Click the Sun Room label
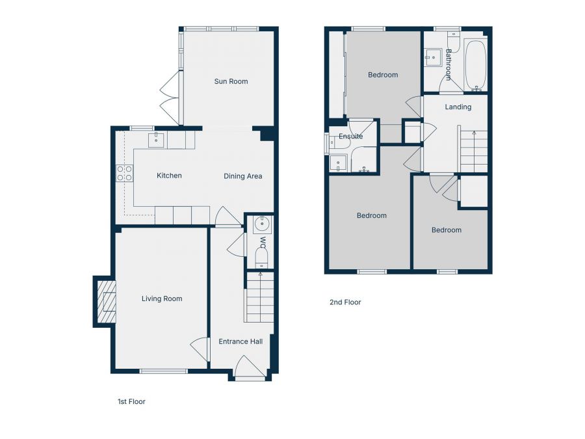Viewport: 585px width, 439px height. point(231,81)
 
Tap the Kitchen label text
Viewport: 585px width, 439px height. point(169,176)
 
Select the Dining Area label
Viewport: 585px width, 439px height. point(243,176)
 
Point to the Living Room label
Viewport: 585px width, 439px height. point(162,299)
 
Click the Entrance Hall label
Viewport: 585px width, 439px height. point(240,341)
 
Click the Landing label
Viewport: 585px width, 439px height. point(458,107)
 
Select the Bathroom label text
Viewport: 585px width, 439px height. point(448,64)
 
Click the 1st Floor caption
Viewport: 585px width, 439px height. point(127,402)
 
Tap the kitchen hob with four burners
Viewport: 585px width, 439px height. point(124,173)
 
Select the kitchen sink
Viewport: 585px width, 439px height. point(156,140)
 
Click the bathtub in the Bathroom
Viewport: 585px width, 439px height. point(475,64)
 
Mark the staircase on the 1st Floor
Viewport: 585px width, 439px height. point(259,297)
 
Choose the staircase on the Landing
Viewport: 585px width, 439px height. point(473,152)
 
